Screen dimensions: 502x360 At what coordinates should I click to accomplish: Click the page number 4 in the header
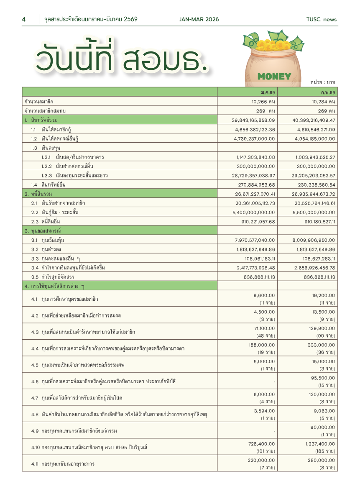point(24,19)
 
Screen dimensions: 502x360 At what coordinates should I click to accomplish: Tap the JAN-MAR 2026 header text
point(199,19)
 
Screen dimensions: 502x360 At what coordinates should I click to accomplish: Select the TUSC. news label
point(321,19)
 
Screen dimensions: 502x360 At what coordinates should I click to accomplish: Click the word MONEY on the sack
point(274,76)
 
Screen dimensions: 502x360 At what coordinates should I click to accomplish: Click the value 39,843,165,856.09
point(253,120)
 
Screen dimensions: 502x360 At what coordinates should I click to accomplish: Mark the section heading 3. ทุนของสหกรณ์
point(46,231)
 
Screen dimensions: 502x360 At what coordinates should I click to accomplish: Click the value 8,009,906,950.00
point(314,240)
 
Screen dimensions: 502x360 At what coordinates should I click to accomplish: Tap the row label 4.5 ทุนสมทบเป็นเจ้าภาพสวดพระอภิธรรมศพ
point(78,365)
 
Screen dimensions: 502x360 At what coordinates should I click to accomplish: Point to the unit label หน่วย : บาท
point(323,82)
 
